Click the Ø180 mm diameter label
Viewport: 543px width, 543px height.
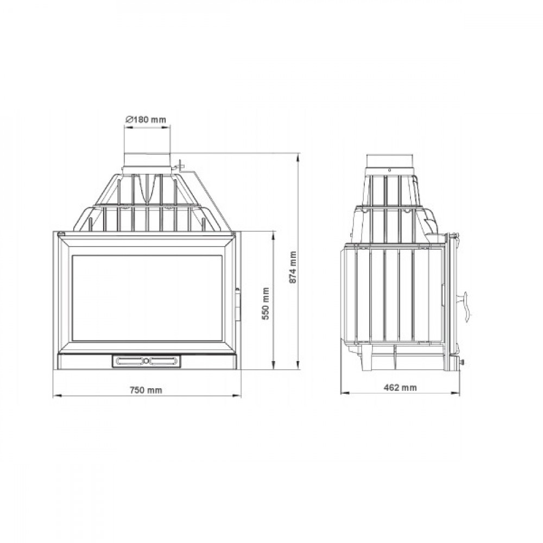146,120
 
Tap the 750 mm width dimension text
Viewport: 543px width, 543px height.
146,390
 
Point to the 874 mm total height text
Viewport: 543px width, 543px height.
293,268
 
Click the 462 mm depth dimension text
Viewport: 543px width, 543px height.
400,387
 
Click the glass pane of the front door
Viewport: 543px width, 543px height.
147,298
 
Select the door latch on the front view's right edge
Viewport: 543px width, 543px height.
238,304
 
